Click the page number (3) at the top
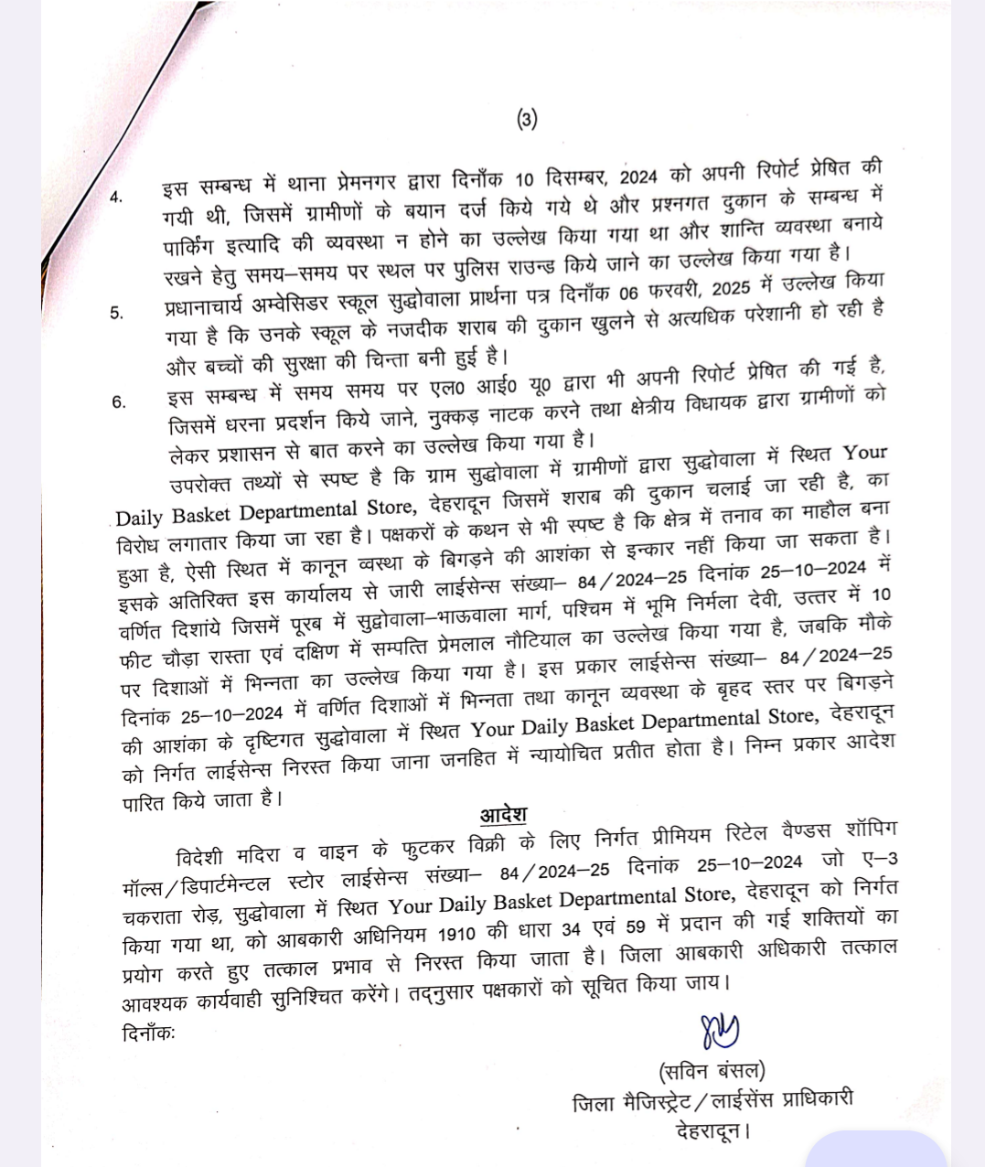pos(527,118)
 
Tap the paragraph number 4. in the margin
pos(116,198)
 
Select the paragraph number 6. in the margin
pos(119,401)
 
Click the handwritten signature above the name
pos(720,1033)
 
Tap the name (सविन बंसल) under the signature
pos(711,1071)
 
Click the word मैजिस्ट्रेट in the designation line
pos(656,1103)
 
